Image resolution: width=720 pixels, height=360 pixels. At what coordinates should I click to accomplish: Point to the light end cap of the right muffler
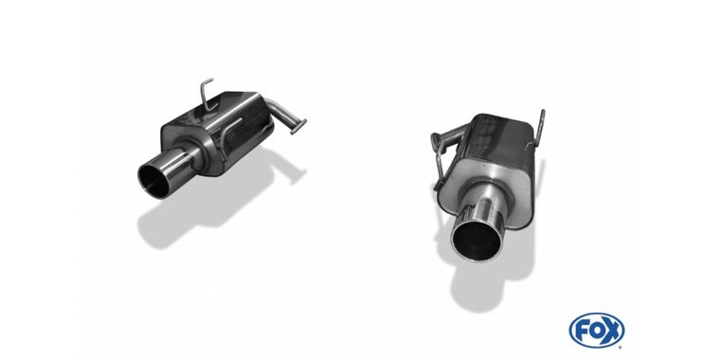494,179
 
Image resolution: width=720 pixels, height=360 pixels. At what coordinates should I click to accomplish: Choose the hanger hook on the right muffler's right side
543,128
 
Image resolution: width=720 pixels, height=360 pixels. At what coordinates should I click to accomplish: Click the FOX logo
596,331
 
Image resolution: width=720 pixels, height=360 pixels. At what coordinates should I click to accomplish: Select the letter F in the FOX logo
580,331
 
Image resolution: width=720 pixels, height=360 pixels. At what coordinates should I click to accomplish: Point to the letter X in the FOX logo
612,331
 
